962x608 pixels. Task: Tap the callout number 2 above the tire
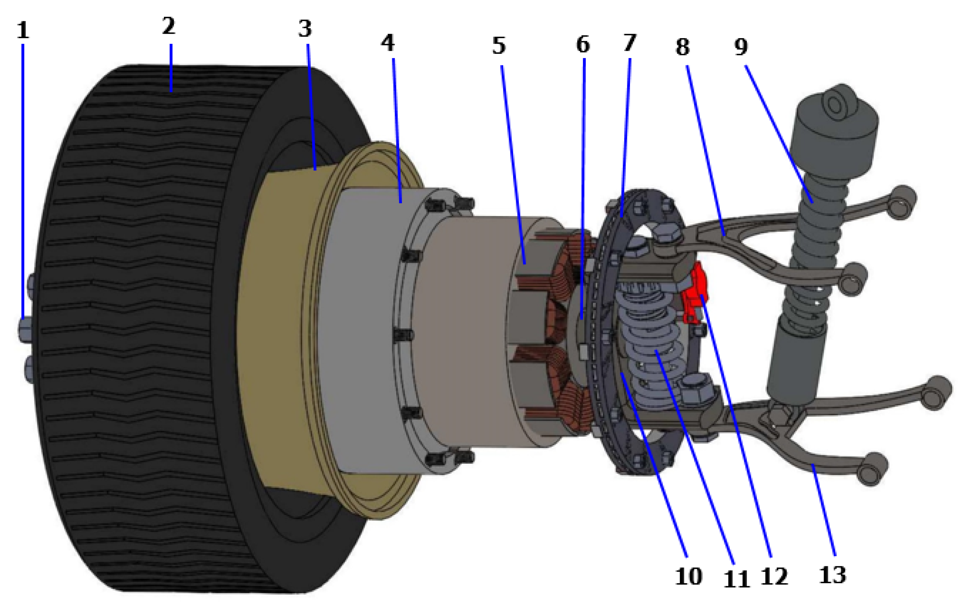pyautogui.click(x=168, y=26)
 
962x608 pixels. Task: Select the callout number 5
pyautogui.click(x=499, y=45)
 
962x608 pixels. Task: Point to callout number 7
pyautogui.click(x=630, y=43)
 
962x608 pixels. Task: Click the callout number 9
pyautogui.click(x=741, y=47)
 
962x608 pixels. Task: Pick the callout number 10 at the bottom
pyautogui.click(x=688, y=576)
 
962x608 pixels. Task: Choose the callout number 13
pyautogui.click(x=832, y=575)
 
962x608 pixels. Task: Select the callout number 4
pyautogui.click(x=387, y=43)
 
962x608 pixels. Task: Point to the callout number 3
pyautogui.click(x=305, y=29)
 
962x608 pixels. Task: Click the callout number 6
pyautogui.click(x=583, y=44)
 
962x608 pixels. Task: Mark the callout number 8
pyautogui.click(x=682, y=47)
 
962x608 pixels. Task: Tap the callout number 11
pyautogui.click(x=737, y=579)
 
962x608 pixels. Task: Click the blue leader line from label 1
pyautogui.click(x=23, y=180)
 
